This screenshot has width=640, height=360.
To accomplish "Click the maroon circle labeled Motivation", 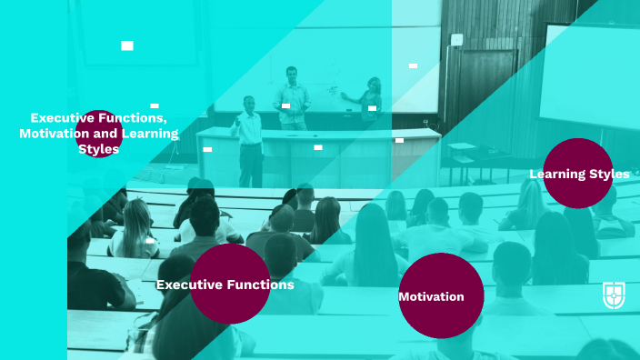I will (x=441, y=295).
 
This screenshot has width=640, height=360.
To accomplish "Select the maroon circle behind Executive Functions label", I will (x=230, y=284).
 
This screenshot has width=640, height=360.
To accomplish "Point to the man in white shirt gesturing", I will (x=248, y=136).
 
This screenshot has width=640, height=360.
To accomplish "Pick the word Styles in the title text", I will (x=98, y=149).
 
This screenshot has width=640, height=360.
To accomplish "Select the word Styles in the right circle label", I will (x=609, y=174).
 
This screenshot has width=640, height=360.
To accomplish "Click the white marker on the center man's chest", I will (x=285, y=105).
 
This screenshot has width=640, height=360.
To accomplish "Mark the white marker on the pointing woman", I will (x=372, y=108).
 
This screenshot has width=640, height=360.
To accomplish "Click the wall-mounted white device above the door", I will (x=456, y=40).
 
